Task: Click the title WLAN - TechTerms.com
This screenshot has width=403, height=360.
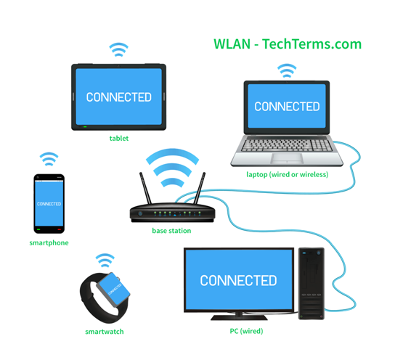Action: [x=288, y=44]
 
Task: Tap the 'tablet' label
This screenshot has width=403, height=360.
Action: [x=119, y=138]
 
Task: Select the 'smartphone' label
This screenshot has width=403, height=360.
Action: [x=49, y=243]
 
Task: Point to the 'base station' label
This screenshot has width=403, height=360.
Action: [x=171, y=231]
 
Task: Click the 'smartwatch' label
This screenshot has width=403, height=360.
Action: [x=105, y=332]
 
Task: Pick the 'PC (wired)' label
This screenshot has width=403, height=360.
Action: [x=246, y=331]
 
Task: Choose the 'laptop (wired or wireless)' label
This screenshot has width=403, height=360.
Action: [x=287, y=174]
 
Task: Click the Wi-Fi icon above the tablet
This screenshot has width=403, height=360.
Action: [x=118, y=50]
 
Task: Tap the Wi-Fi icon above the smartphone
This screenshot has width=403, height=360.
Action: [x=49, y=160]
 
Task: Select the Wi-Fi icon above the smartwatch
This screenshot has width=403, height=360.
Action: [x=105, y=261]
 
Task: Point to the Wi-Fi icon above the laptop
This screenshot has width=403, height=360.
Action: [x=287, y=71]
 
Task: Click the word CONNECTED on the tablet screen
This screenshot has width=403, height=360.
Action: [x=119, y=97]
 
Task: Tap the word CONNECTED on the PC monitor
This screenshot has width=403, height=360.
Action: [x=238, y=281]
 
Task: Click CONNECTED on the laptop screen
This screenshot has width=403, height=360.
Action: [x=287, y=107]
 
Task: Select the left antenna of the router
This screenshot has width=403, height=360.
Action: [x=145, y=188]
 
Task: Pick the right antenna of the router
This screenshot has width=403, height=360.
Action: [x=200, y=188]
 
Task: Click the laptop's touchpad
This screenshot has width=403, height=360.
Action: [x=287, y=158]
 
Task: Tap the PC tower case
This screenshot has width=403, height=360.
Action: [x=312, y=283]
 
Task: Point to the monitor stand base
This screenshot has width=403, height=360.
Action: [x=239, y=317]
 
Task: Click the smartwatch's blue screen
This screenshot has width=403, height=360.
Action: [x=113, y=290]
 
